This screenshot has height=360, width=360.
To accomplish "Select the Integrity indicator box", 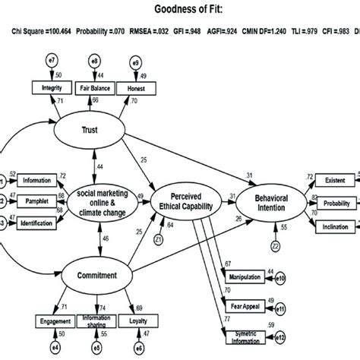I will (x=48, y=88).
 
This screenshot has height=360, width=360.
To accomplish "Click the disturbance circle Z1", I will (x=159, y=238).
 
